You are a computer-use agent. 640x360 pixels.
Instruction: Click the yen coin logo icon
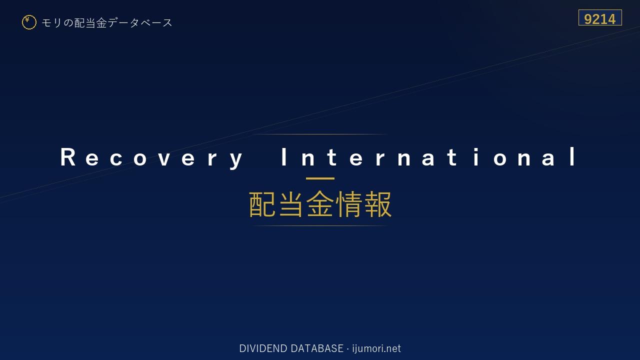click(29, 22)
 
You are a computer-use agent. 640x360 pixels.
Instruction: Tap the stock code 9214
click(599, 19)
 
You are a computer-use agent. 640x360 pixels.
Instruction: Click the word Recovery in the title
click(151, 157)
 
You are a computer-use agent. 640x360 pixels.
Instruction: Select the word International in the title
click(428, 156)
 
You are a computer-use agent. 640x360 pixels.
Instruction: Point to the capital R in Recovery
click(67, 156)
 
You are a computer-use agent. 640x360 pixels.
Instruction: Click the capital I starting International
click(283, 156)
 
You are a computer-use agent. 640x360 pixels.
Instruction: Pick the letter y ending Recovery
click(236, 160)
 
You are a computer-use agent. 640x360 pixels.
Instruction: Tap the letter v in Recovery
click(164, 159)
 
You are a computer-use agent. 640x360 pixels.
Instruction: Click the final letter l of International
click(573, 156)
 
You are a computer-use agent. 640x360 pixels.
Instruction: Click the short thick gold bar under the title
click(320, 178)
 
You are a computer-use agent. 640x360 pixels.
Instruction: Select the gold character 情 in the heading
click(348, 204)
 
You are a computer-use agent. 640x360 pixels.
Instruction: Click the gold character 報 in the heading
click(377, 204)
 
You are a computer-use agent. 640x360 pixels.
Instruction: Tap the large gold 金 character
click(319, 204)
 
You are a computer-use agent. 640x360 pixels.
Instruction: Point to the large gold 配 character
click(262, 204)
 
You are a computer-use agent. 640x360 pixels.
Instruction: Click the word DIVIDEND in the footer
click(263, 348)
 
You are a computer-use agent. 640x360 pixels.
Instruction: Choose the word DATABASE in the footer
click(317, 348)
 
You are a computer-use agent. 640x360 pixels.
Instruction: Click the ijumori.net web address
click(376, 348)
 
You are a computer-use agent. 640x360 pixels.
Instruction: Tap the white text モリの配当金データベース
click(107, 23)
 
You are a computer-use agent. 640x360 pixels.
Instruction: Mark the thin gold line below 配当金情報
click(320, 225)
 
